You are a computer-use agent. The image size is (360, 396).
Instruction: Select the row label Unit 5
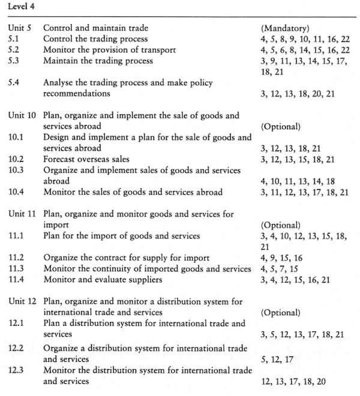pos(20,28)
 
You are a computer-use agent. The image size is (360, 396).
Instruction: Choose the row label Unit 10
pos(23,116)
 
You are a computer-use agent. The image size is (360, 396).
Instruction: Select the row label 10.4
pos(17,192)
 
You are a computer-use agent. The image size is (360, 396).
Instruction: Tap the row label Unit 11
pos(23,214)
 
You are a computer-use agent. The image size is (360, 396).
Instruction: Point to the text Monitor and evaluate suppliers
pos(103,280)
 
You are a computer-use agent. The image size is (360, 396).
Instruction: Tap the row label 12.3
pos(17,370)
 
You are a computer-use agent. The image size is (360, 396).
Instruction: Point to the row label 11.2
pos(17,258)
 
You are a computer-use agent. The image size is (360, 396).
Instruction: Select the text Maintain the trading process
pos(98,61)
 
